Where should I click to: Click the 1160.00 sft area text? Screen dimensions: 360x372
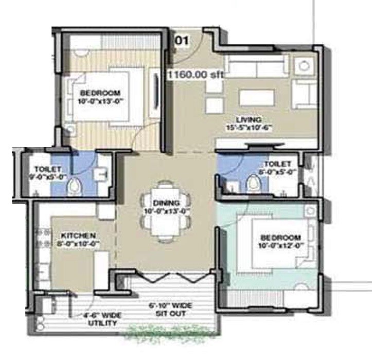point(196,75)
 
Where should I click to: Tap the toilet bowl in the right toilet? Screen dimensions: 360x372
point(253,183)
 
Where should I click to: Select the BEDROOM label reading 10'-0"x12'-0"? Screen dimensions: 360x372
point(280,242)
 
